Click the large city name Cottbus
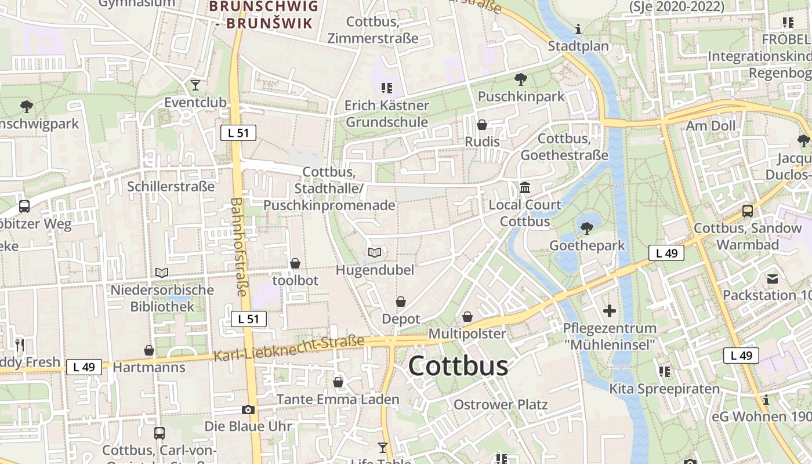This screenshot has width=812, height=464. tap(458, 367)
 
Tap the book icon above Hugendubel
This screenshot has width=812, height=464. tap(375, 252)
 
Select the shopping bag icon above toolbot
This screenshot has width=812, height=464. tap(295, 263)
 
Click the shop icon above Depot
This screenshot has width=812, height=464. tap(401, 302)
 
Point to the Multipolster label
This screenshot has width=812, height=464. tap(467, 334)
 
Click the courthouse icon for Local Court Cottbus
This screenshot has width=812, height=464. tap(525, 187)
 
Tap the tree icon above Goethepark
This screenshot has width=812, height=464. tap(587, 229)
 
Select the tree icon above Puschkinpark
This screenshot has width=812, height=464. tap(520, 79)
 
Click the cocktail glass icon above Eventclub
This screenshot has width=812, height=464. tap(195, 85)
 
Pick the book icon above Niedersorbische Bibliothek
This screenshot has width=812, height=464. tap(162, 273)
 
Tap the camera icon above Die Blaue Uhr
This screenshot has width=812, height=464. tap(248, 409)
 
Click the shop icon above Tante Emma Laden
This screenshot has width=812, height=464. tap(338, 382)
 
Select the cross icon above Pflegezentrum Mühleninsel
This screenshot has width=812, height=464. tap(609, 311)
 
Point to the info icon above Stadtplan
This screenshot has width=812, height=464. tap(578, 29)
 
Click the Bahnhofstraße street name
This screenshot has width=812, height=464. tap(239, 246)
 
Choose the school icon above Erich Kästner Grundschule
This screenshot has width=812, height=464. tap(387, 88)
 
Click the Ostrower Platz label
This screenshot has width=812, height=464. tap(500, 404)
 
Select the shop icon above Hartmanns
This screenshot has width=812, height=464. tap(149, 350)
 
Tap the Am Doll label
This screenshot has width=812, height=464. tap(710, 126)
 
